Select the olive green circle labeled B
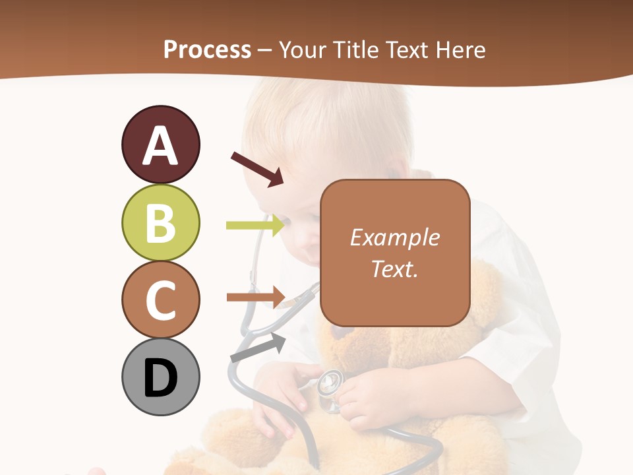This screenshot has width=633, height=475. [x=160, y=222]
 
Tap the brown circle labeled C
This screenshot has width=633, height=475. [x=160, y=300]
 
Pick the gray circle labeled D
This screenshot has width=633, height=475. [x=160, y=377]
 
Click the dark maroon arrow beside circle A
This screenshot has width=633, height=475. [x=257, y=169]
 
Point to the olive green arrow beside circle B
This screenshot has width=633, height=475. [x=255, y=226]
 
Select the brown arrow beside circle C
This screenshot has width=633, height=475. [x=255, y=297]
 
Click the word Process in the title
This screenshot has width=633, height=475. [x=207, y=49]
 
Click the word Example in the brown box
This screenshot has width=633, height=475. [x=394, y=237]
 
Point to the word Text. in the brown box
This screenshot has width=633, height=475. [x=394, y=269]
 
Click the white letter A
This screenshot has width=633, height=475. [x=160, y=146]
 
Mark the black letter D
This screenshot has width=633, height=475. [x=160, y=379]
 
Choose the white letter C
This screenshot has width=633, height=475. [x=160, y=300]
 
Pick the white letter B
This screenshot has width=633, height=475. [x=160, y=223]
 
